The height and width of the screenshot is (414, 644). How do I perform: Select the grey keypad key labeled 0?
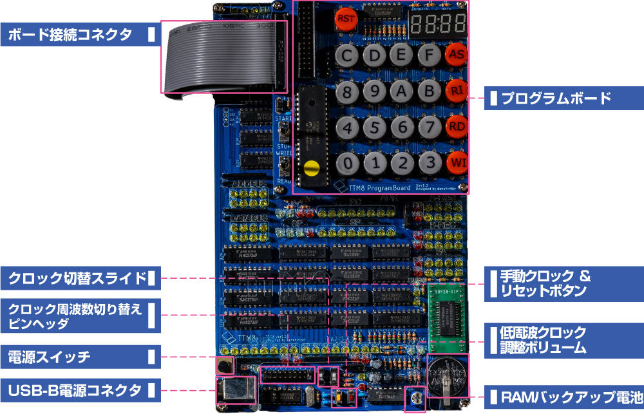(348, 163)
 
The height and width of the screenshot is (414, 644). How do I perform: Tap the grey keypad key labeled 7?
(430, 127)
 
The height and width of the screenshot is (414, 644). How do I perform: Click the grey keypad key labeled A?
(402, 91)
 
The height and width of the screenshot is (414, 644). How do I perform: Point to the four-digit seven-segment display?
(438, 24)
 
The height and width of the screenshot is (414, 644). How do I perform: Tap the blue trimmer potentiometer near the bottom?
(415, 399)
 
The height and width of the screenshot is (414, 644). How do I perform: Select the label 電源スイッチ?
(49, 357)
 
